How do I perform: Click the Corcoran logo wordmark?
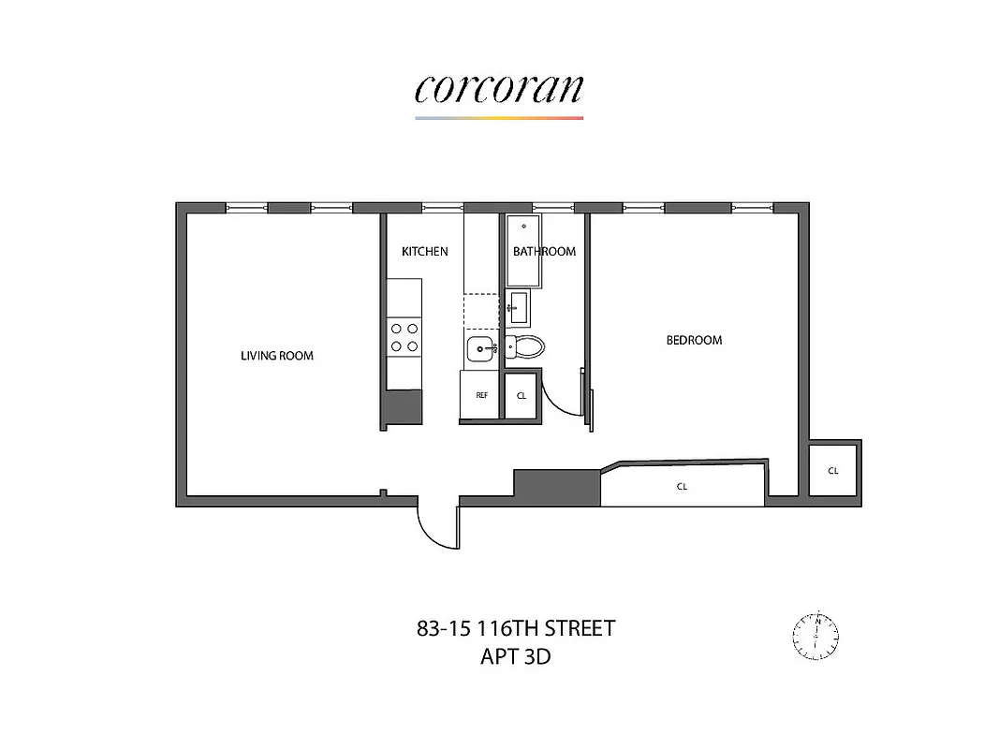tap(499, 88)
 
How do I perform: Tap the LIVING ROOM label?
tap(277, 356)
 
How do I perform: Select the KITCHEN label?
tap(424, 251)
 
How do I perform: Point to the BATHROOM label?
tap(544, 251)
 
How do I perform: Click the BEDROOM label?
tap(694, 340)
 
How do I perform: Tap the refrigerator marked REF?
tap(481, 395)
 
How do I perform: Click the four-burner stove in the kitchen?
tap(404, 337)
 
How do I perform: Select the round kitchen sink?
tap(481, 349)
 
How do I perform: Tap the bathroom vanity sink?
tap(517, 306)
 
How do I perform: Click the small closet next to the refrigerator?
tap(522, 395)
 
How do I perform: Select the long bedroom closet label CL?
tap(682, 487)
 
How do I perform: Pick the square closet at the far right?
tap(832, 471)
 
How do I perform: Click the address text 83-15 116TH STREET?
tap(516, 627)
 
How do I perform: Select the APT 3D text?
tap(515, 655)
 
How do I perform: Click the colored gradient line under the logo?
tap(499, 118)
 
